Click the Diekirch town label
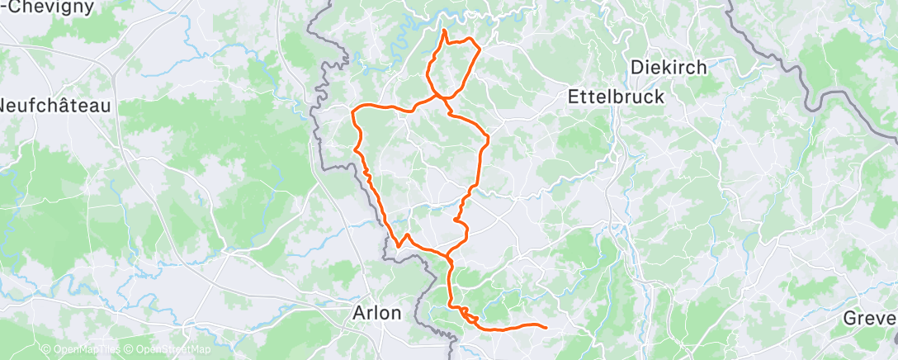(x=669, y=68)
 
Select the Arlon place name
(x=376, y=313)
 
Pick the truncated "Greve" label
(x=871, y=319)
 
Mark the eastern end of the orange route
(x=546, y=327)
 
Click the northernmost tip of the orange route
(x=445, y=31)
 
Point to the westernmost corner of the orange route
(x=353, y=110)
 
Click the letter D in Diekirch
(x=636, y=68)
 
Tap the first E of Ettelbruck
(x=574, y=97)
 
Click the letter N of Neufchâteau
(x=5, y=106)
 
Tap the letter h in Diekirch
(x=702, y=68)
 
